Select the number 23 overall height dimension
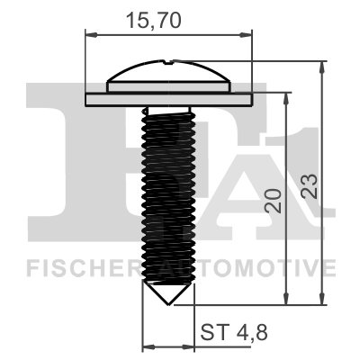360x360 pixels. pyautogui.click(x=310, y=184)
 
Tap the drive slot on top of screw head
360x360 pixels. pyautogui.click(x=169, y=63)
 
